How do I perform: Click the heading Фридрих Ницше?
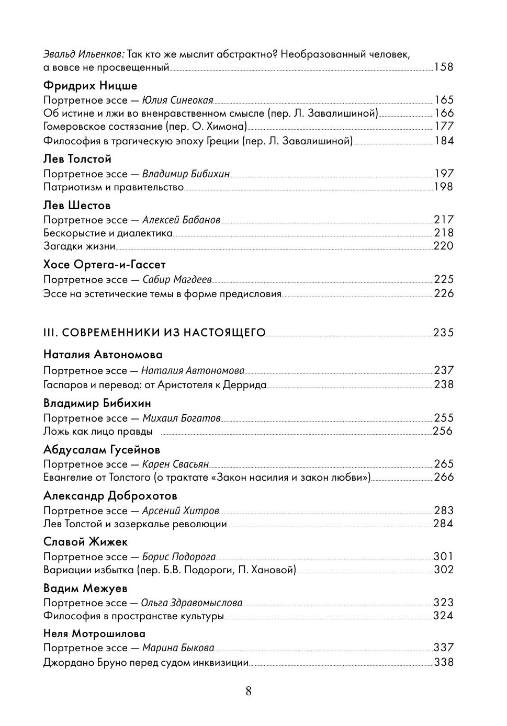(90, 86)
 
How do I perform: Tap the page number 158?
(444, 67)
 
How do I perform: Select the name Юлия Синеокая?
(178, 100)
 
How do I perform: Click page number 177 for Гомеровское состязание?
(444, 126)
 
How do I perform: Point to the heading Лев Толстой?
(77, 159)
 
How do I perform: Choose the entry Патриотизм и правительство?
(114, 187)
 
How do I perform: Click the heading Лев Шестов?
(77, 206)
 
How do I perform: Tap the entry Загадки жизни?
(79, 246)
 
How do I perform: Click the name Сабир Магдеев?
(177, 280)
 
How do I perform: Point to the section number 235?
(443, 333)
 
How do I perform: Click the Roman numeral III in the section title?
(49, 333)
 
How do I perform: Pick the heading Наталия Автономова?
(103, 355)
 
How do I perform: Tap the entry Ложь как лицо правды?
(98, 432)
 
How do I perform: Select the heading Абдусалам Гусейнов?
(102, 450)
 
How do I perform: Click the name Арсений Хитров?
(181, 511)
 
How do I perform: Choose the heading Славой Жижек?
(85, 542)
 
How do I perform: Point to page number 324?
(443, 616)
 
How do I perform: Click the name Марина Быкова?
(177, 648)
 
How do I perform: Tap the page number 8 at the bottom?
(249, 691)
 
